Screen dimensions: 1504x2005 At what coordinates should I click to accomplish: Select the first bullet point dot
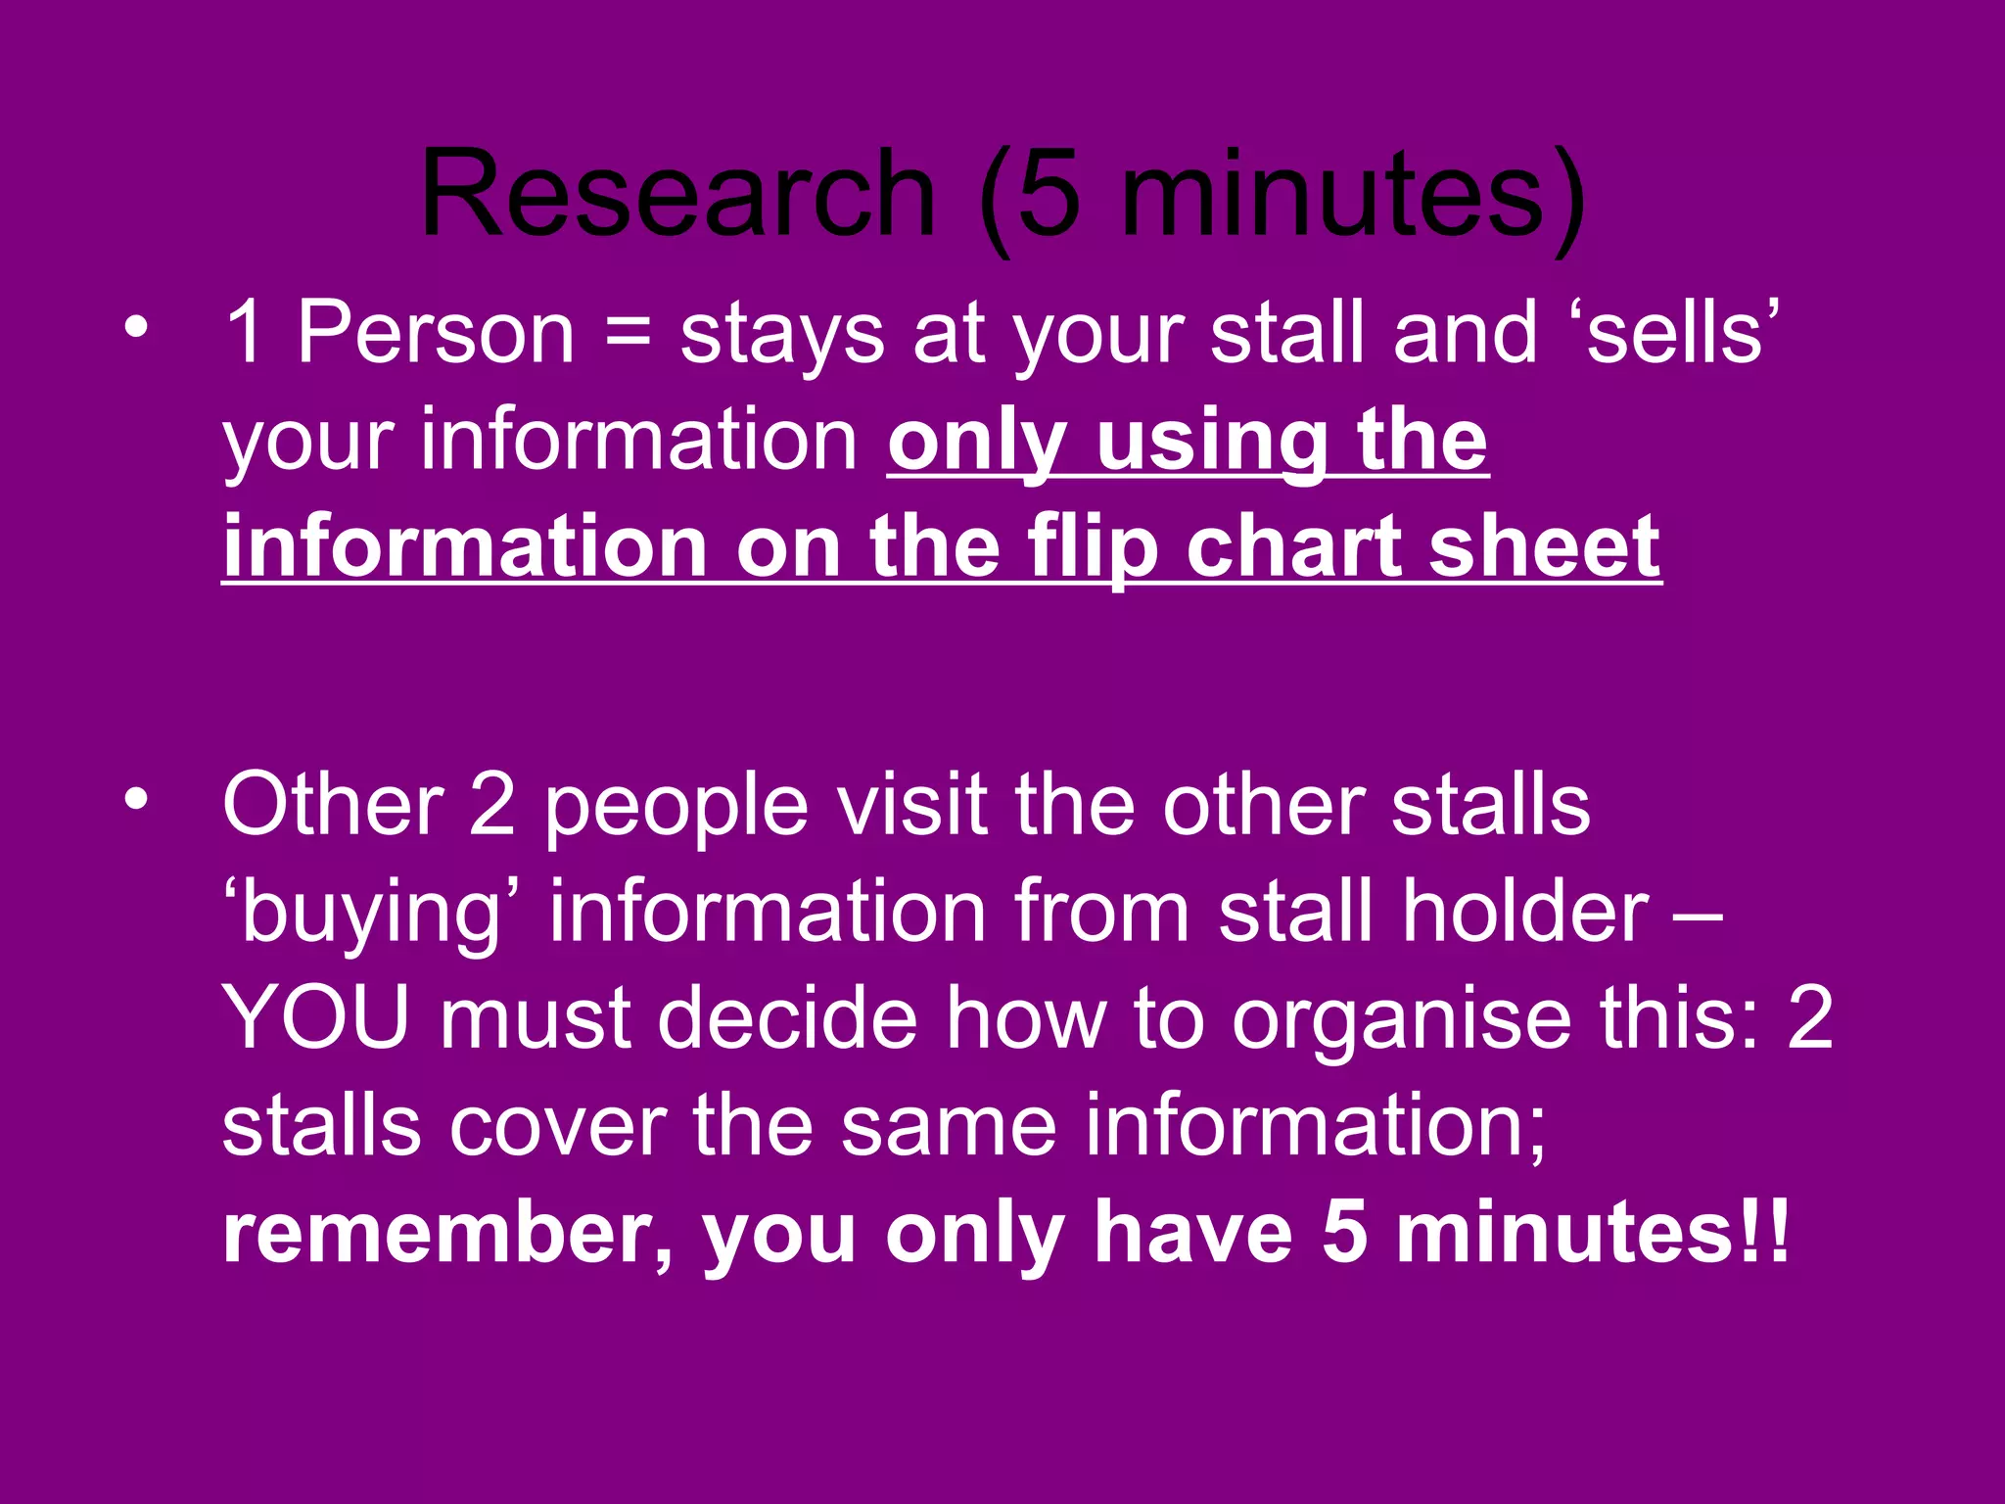coord(137,327)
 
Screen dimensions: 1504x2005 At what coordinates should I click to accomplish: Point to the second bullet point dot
coord(137,798)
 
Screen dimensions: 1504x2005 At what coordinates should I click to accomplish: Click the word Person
coord(436,333)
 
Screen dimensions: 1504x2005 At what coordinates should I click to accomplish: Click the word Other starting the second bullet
coord(334,804)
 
